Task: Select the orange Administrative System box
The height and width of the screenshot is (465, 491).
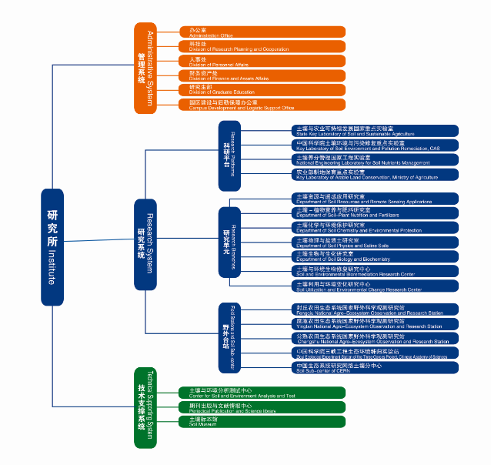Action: (145, 69)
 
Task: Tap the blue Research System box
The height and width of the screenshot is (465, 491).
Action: (145, 244)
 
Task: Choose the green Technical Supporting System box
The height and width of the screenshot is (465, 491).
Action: (145, 408)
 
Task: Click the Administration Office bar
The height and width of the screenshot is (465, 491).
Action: (261, 32)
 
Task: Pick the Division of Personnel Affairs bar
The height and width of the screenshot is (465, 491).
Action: (261, 61)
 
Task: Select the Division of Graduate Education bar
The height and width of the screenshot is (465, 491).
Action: (261, 89)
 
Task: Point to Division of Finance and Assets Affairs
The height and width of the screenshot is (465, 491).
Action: (261, 75)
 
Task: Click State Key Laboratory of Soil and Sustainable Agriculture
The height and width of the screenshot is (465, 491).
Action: (376, 131)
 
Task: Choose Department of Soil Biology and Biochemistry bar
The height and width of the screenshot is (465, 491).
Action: (376, 256)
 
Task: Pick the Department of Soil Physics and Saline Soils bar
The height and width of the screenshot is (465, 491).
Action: (376, 242)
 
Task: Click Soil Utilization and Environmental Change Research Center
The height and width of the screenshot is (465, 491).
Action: (376, 286)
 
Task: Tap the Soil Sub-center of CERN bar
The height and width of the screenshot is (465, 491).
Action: (376, 367)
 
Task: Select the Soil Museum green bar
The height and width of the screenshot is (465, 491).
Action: (261, 421)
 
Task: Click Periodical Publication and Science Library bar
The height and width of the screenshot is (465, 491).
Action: (261, 407)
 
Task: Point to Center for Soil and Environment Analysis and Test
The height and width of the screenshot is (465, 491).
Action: (261, 393)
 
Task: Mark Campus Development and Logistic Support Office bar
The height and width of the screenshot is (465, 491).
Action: (261, 104)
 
